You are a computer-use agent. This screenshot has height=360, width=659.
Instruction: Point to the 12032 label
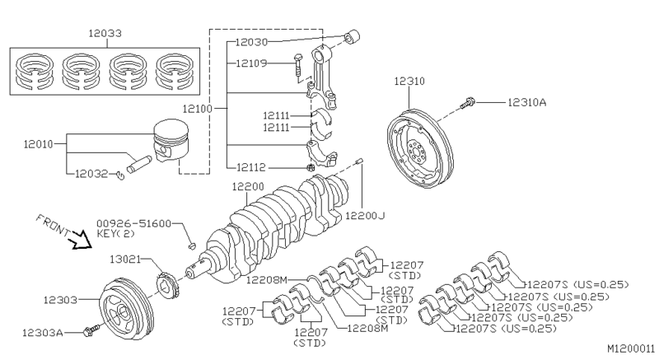92,174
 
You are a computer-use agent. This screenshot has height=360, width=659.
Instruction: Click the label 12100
196,109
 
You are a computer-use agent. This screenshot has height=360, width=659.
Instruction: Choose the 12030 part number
251,41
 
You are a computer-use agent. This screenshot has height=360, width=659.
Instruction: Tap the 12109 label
251,63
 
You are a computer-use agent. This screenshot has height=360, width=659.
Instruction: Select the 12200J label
364,216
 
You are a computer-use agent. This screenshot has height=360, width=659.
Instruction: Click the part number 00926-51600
133,223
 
